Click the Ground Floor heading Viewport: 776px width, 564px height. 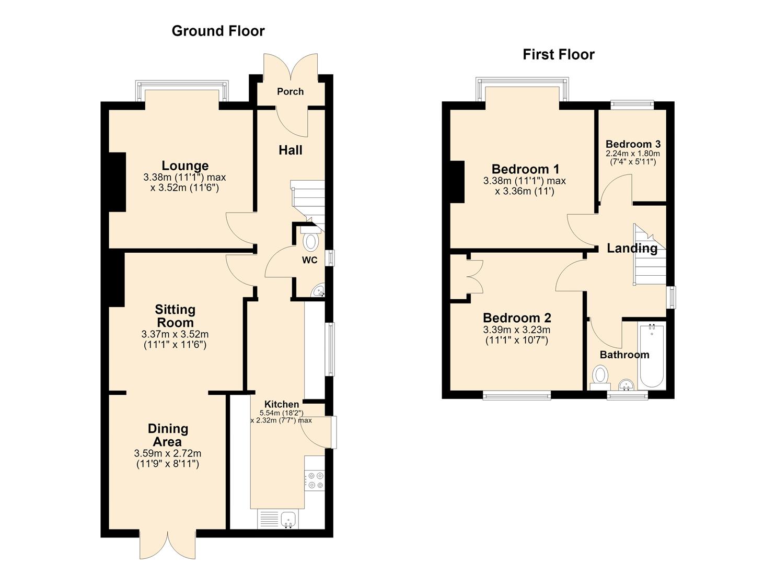point(218,31)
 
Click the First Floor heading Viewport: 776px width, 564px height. point(559,55)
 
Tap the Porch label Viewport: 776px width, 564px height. point(291,92)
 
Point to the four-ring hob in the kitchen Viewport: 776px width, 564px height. point(315,480)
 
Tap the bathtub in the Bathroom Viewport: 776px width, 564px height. point(652,355)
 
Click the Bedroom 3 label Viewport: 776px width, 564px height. point(633,144)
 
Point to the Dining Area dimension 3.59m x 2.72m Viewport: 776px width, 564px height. point(168,453)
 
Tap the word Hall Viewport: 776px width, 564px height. point(291,150)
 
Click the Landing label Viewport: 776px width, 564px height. point(632,248)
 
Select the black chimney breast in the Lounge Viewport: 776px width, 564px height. point(117,182)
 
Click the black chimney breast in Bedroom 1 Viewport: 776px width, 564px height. point(457,182)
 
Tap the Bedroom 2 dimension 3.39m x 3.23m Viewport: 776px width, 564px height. point(517,330)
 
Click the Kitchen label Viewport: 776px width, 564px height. point(282,404)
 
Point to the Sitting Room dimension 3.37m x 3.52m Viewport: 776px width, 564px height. point(175,334)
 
